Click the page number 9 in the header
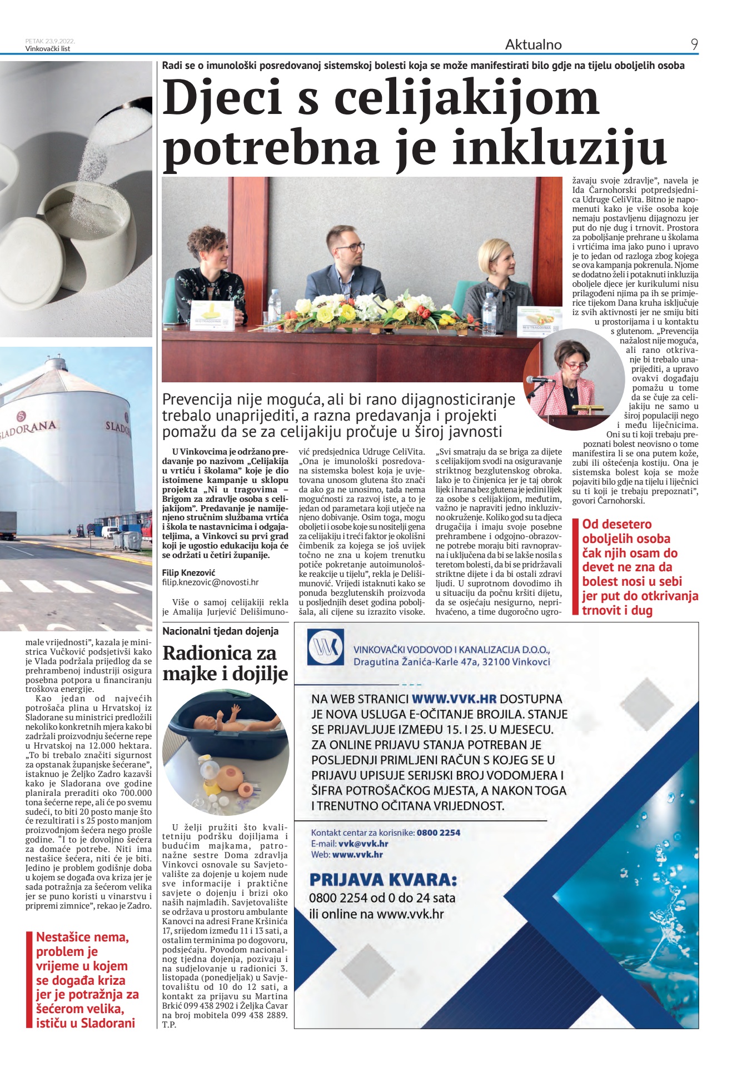click(x=694, y=44)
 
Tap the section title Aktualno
click(x=533, y=44)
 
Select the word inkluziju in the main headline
click(x=560, y=148)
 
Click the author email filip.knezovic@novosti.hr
click(x=210, y=582)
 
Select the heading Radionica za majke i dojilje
click(x=225, y=662)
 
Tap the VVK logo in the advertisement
click(x=326, y=647)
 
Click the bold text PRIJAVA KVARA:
click(x=383, y=880)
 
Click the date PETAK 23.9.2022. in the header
click(x=50, y=41)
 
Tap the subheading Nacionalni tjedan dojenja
click(x=221, y=631)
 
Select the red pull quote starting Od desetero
click(x=640, y=567)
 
